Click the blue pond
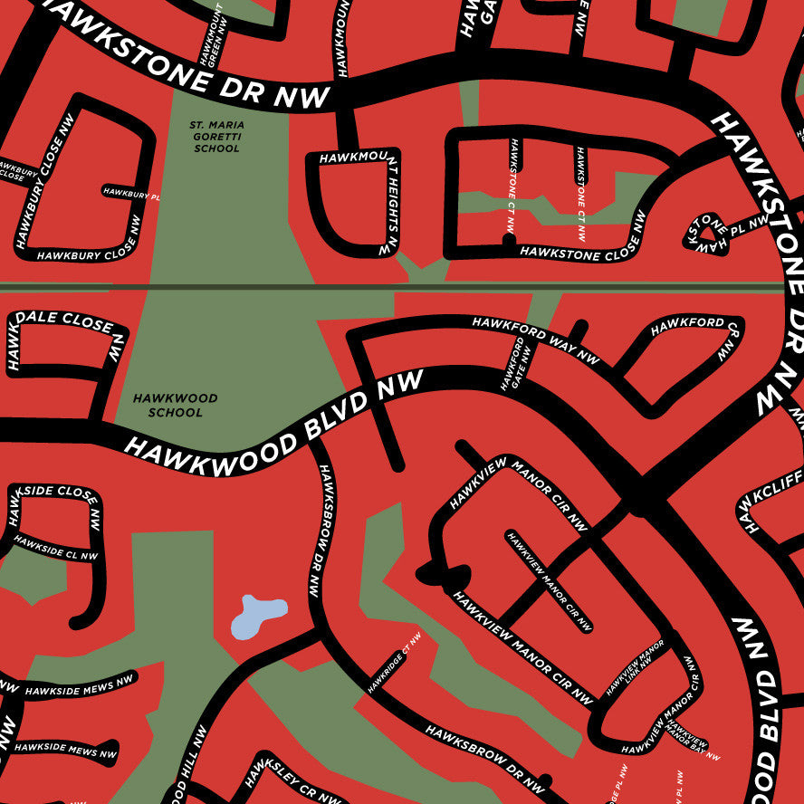[256, 617]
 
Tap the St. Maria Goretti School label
[216, 136]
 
